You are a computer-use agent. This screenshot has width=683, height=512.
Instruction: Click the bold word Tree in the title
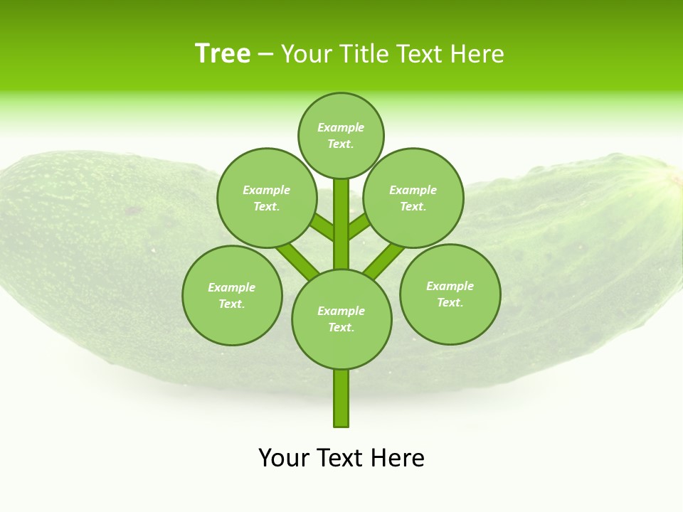(x=223, y=54)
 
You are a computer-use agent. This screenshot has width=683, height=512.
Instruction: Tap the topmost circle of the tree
(x=341, y=135)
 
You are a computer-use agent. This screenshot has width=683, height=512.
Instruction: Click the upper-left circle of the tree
(x=266, y=198)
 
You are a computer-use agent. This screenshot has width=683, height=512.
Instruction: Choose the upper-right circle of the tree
(x=413, y=198)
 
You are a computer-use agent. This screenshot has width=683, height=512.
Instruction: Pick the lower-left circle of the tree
(x=232, y=295)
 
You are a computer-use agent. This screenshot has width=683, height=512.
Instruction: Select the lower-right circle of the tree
(x=450, y=294)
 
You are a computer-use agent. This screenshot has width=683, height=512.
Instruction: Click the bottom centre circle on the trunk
(x=341, y=319)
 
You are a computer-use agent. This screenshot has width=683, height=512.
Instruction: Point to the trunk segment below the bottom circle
(x=341, y=398)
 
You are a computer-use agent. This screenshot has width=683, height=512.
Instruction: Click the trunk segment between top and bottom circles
(x=341, y=224)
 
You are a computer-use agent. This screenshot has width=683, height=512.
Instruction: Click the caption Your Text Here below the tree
(x=341, y=458)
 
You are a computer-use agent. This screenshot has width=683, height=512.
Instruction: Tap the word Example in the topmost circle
(x=341, y=127)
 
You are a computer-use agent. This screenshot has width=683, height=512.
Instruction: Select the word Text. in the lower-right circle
(x=450, y=302)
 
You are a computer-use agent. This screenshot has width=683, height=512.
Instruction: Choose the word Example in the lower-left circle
(x=232, y=287)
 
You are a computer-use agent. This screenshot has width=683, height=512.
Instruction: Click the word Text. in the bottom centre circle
(x=341, y=327)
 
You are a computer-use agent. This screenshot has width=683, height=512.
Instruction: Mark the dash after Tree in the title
(x=266, y=55)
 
